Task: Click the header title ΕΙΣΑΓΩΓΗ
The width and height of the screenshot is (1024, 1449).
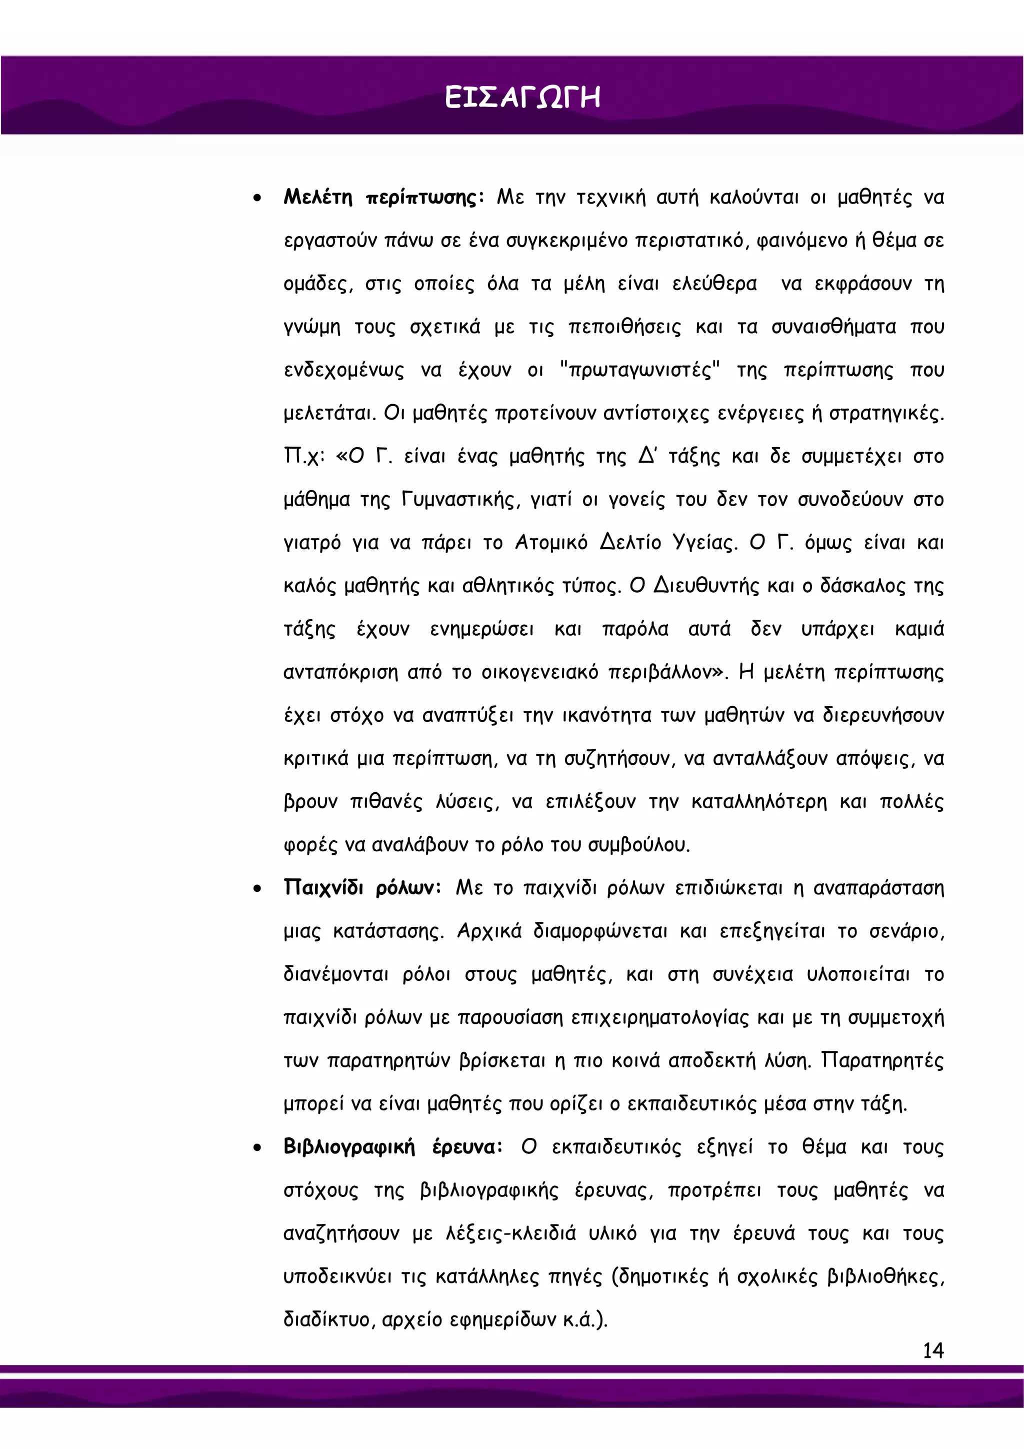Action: [x=522, y=99]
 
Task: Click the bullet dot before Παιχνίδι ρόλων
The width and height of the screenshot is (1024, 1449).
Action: [x=257, y=889]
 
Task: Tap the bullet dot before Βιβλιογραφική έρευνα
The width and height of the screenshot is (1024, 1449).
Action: [x=257, y=1148]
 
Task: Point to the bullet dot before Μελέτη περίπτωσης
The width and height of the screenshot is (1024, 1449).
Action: [x=257, y=199]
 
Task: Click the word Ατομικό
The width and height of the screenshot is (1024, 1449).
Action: [x=551, y=543]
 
